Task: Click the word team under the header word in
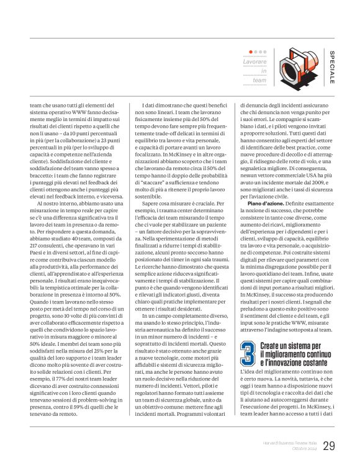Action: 259,79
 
